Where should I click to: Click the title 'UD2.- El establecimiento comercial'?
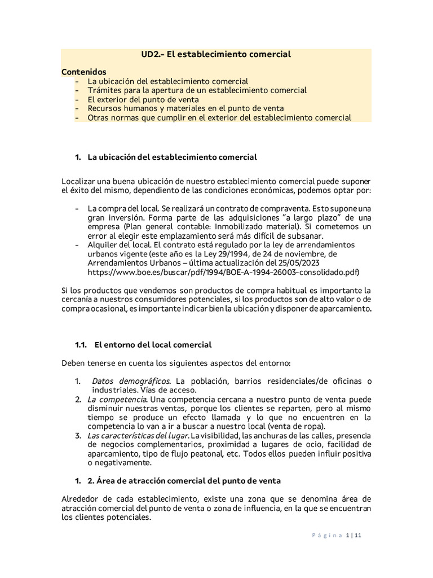pos(216,54)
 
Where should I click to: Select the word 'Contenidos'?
pos(83,72)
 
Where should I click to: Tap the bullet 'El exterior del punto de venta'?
pos(143,99)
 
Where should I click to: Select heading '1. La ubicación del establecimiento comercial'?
pos(166,157)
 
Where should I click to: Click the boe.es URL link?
pos(223,272)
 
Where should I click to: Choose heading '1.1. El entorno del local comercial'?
pos(144,344)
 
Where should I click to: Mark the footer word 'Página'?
pos(326,536)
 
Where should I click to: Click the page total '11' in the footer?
pos(357,536)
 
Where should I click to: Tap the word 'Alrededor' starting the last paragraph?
pos(79,499)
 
